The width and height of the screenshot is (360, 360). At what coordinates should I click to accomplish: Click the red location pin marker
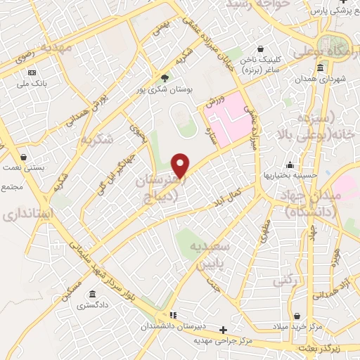tap(181, 166)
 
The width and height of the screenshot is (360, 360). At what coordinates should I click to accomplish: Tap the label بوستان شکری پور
tap(165, 89)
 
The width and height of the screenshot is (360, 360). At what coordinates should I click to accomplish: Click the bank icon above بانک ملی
tap(32, 73)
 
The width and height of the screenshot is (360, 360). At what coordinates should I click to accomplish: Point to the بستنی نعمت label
tap(26, 169)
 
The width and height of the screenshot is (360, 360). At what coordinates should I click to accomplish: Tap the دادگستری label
tap(92, 306)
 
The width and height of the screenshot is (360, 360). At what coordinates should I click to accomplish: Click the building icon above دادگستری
tap(92, 295)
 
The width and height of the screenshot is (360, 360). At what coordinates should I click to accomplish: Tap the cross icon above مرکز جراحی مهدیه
tap(224, 330)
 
